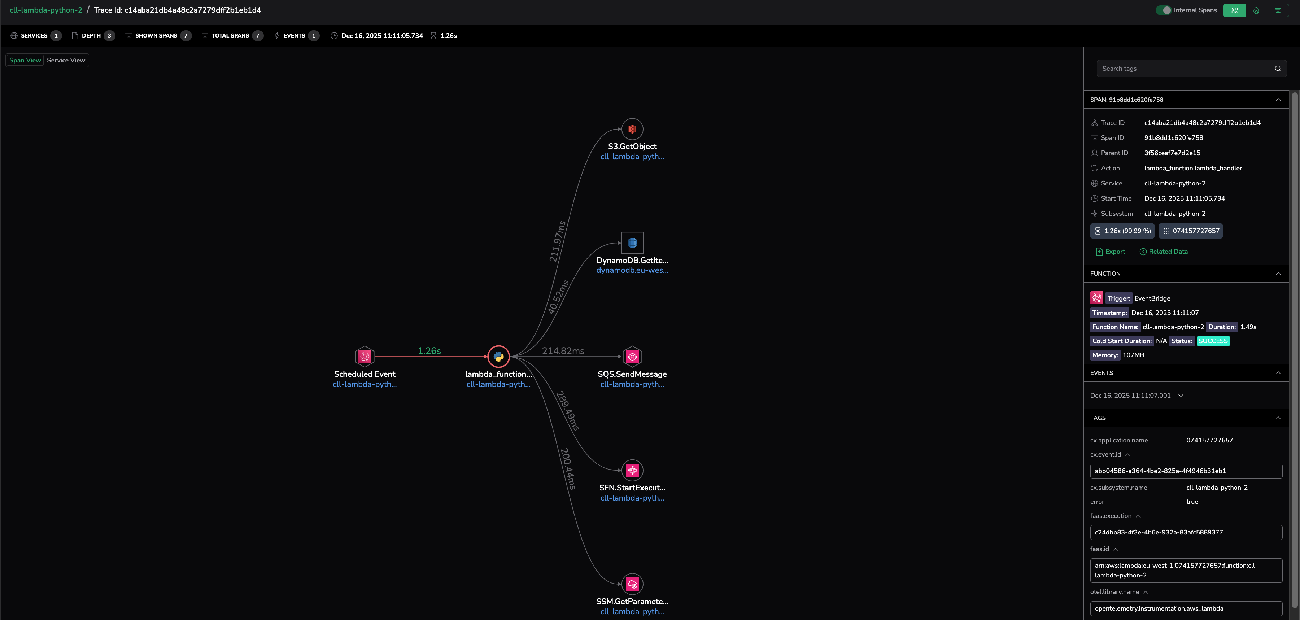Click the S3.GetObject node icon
(632, 129)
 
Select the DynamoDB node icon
(632, 243)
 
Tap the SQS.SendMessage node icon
(632, 357)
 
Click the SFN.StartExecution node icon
(632, 470)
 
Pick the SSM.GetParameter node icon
(632, 584)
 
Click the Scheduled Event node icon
(365, 357)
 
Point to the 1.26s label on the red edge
(429, 351)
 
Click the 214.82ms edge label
(563, 351)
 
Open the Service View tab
(66, 60)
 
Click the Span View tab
(25, 60)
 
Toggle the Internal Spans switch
(1163, 10)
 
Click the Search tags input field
(1186, 69)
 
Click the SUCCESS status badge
(1213, 341)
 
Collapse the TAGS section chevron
(1278, 418)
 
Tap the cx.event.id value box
(1186, 471)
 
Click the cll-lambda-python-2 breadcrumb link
(46, 10)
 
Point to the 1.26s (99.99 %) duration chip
(1122, 231)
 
